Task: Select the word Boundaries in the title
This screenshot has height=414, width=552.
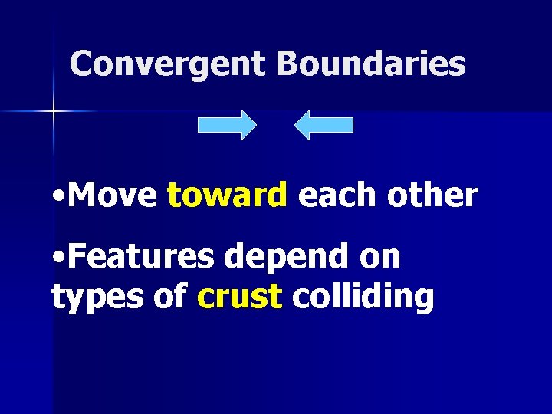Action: (x=371, y=64)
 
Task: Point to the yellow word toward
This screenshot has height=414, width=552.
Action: (x=227, y=196)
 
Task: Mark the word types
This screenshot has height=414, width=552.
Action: (x=90, y=297)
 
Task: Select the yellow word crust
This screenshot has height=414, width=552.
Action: (x=239, y=297)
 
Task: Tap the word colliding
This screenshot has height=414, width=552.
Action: (x=363, y=297)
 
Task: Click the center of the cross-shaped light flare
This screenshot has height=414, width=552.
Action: (x=54, y=112)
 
